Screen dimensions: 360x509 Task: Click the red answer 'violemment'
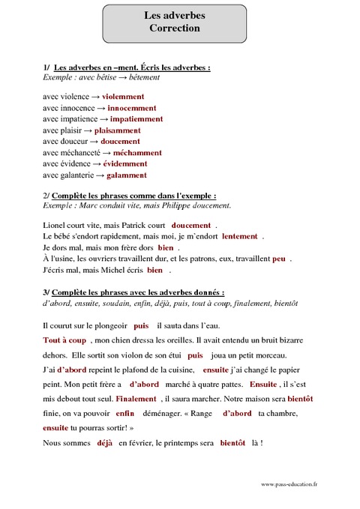point(123,97)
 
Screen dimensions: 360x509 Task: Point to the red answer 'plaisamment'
point(117,130)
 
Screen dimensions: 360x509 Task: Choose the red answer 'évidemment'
point(124,164)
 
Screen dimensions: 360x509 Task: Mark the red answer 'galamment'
point(126,175)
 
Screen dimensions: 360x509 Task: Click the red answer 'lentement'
point(239,236)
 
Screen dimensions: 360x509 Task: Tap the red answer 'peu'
point(278,259)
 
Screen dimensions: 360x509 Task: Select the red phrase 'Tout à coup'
point(64,340)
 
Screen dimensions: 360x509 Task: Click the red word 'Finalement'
point(136,399)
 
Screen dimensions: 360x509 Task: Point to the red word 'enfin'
point(124,413)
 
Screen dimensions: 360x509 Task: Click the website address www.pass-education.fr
point(289,485)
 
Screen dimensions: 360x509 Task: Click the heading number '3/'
point(46,292)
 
